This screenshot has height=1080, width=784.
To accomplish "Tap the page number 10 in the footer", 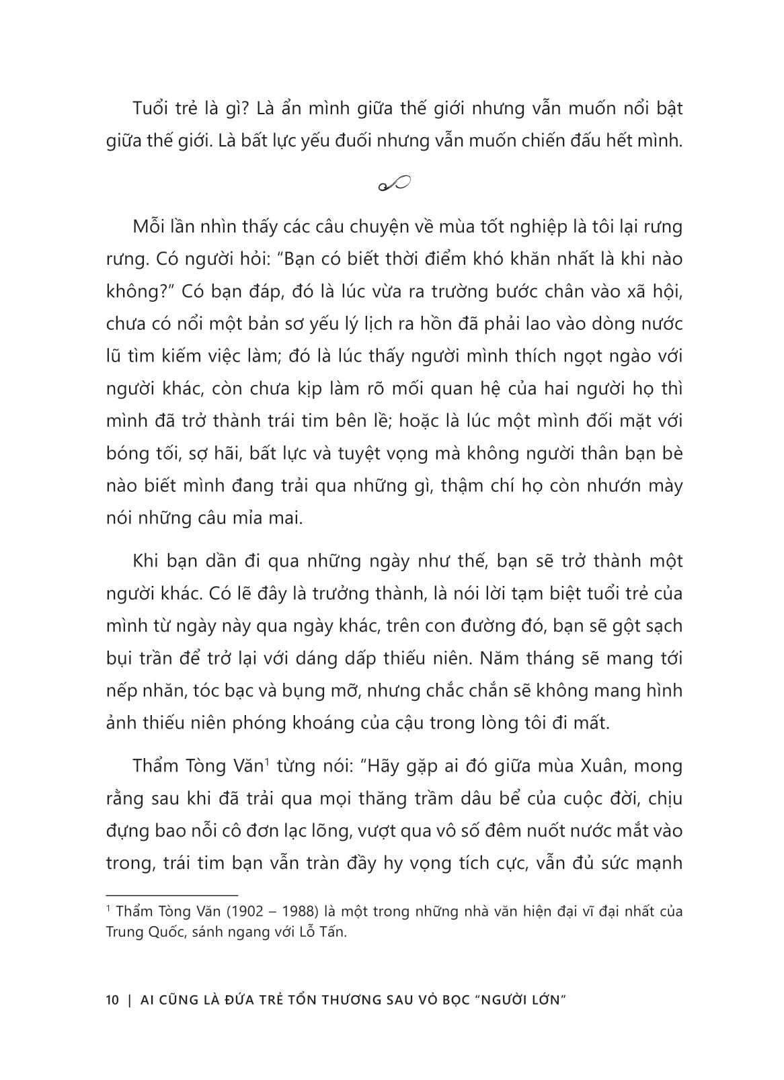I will [x=112, y=999].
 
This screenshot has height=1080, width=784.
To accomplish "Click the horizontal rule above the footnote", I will [x=173, y=895].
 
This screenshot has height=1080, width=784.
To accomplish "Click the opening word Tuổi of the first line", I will [x=151, y=109].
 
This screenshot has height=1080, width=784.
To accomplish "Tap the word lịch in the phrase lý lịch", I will [x=376, y=325].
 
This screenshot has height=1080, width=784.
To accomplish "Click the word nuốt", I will [x=523, y=831].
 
